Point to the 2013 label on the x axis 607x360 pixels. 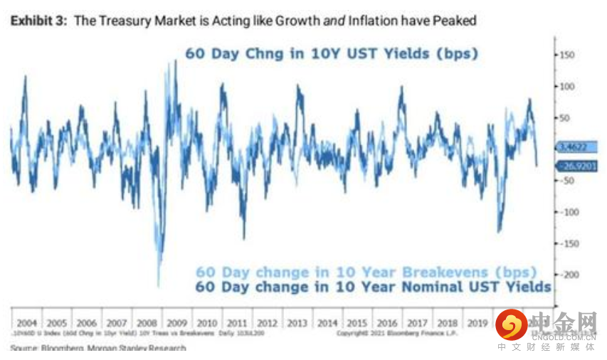tap(297, 323)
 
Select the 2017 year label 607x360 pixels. tap(418, 323)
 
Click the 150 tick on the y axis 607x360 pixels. tap(566, 55)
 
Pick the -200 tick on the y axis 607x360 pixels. tap(566, 275)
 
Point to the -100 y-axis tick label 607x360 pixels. tap(566, 212)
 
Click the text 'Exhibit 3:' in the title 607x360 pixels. tap(38, 21)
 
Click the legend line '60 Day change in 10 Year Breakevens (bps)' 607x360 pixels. tap(366, 272)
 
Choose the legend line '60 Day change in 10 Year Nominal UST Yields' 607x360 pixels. tap(373, 287)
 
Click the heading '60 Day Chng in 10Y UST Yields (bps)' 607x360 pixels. tap(331, 53)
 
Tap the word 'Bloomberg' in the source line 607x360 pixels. tap(63, 349)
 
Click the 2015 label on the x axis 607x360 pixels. tap(357, 323)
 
